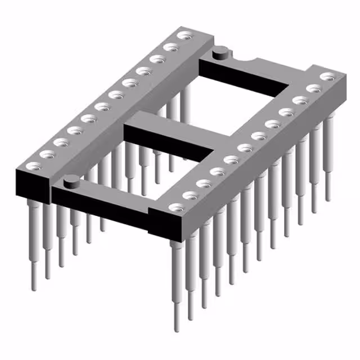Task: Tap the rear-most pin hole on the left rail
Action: (x=183, y=36)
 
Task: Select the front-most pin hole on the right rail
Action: (x=177, y=208)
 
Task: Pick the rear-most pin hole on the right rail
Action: (x=326, y=76)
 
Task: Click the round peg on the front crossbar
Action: (x=71, y=181)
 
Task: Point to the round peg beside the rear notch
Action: (x=220, y=53)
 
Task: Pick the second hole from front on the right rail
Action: (x=191, y=196)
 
